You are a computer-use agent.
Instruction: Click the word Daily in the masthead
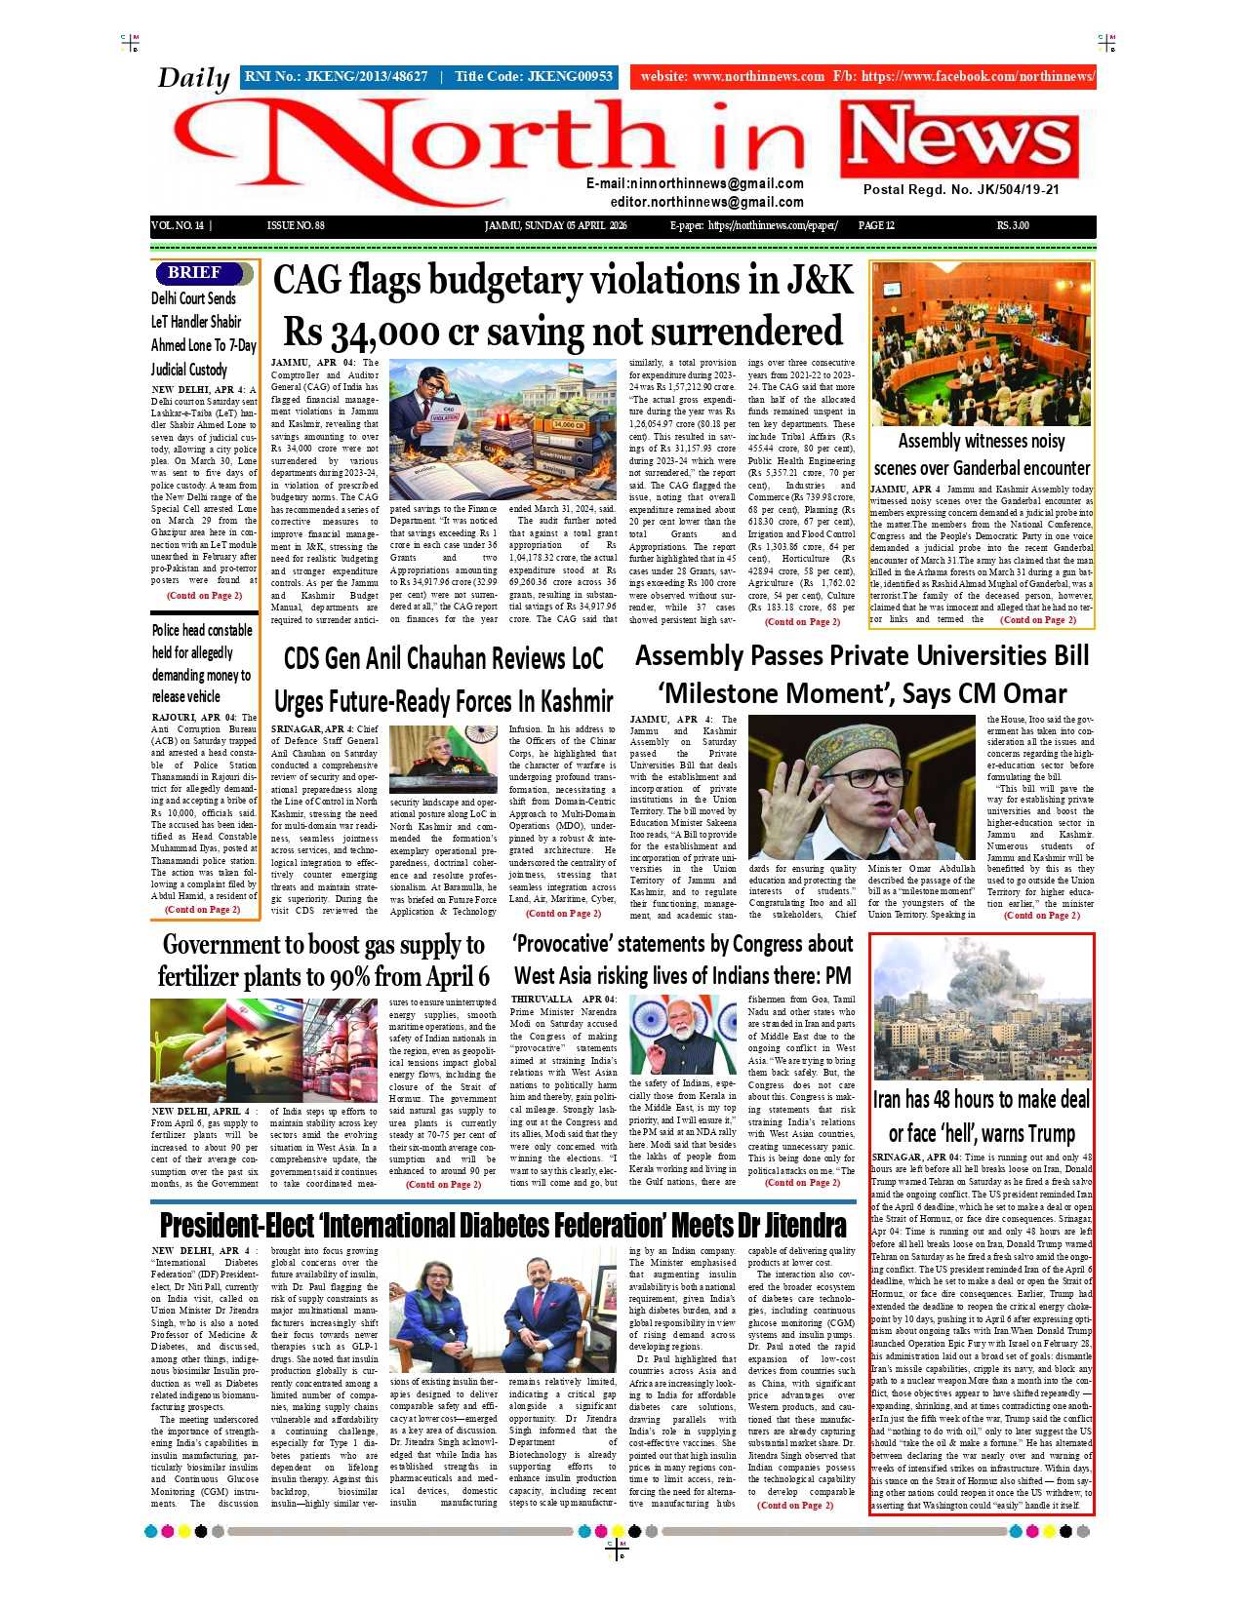193,78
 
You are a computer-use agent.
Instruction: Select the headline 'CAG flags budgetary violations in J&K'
563,281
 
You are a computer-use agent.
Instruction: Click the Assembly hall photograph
981,343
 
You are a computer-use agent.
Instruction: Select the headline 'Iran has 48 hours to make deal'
981,1100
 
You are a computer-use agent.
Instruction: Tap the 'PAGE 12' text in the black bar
876,226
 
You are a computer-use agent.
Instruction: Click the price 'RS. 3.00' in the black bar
1013,226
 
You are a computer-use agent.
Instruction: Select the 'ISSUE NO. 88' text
296,226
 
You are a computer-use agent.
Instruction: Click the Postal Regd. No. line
960,190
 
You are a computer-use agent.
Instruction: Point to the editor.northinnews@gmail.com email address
706,202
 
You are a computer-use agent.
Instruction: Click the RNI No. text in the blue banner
336,76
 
